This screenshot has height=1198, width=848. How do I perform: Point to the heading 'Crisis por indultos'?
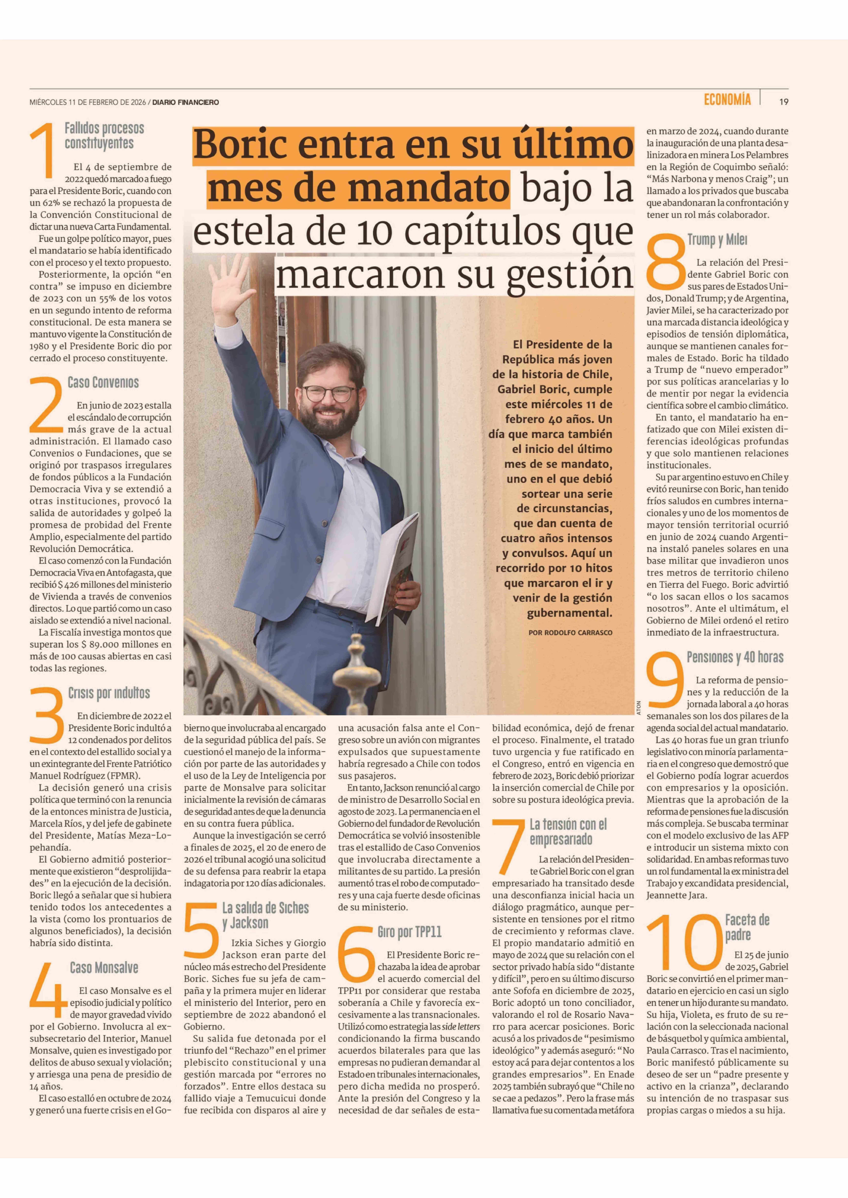click(x=109, y=693)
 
